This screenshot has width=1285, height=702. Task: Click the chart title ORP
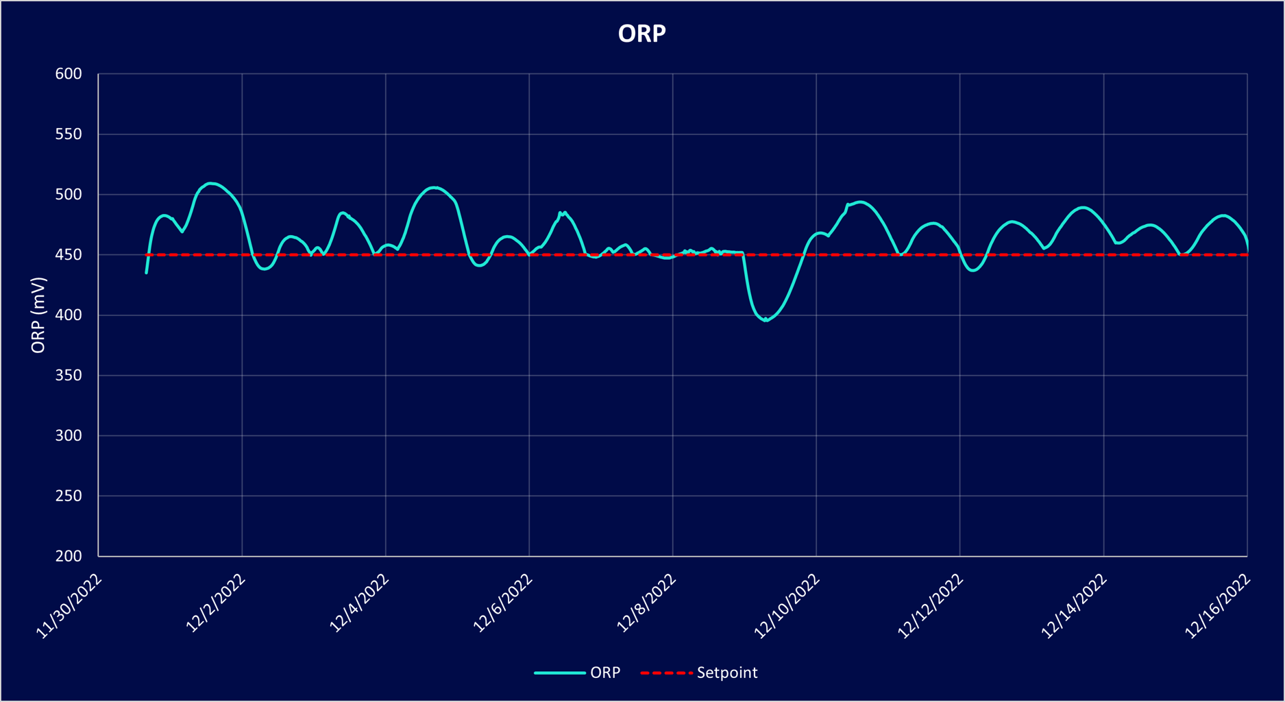pyautogui.click(x=641, y=34)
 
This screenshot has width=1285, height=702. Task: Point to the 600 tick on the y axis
pyautogui.click(x=69, y=74)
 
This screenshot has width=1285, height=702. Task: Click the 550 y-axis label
pyautogui.click(x=69, y=134)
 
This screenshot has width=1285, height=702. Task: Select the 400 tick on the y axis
pyautogui.click(x=69, y=315)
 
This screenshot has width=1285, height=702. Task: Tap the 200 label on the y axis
pyautogui.click(x=69, y=556)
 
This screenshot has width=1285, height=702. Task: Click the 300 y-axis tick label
pyautogui.click(x=69, y=436)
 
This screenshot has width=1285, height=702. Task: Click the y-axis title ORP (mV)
pyautogui.click(x=38, y=315)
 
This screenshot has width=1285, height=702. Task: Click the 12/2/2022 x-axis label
pyautogui.click(x=216, y=603)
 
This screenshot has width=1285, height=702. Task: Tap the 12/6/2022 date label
pyautogui.click(x=503, y=603)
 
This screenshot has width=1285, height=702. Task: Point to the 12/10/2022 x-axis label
pyautogui.click(x=787, y=607)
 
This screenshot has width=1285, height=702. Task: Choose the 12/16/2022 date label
pyautogui.click(x=1219, y=607)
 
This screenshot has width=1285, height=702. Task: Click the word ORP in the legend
pyautogui.click(x=605, y=673)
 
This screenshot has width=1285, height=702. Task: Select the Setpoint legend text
pyautogui.click(x=727, y=673)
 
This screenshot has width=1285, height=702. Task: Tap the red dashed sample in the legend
pyautogui.click(x=666, y=673)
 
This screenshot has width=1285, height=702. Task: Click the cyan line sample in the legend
pyautogui.click(x=559, y=673)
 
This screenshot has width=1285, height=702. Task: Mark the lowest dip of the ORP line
pyautogui.click(x=766, y=320)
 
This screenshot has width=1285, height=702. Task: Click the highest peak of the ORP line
pyautogui.click(x=211, y=183)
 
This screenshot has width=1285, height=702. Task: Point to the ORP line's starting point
pyautogui.click(x=147, y=273)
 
